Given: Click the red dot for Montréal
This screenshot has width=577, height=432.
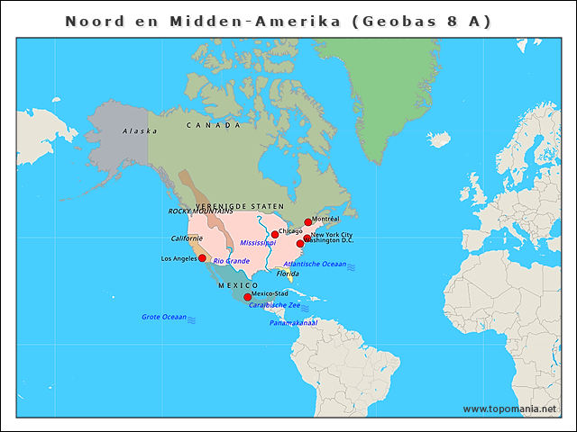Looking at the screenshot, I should (x=307, y=221).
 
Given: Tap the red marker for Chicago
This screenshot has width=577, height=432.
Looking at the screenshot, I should (x=275, y=234).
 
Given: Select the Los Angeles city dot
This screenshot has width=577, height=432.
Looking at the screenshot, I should (x=202, y=258).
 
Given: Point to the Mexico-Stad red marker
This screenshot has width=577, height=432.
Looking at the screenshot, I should (x=247, y=297).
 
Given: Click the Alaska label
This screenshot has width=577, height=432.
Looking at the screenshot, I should (x=140, y=131).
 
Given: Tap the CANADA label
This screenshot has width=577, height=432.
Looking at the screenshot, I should (x=214, y=125).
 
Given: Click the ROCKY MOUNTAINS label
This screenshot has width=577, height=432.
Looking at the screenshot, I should (x=194, y=211).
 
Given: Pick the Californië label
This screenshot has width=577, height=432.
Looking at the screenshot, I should (x=187, y=238).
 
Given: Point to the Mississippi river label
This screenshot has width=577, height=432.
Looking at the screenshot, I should (x=258, y=244).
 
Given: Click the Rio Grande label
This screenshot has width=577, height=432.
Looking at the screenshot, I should (x=232, y=261).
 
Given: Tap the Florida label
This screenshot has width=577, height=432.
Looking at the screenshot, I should (x=288, y=273).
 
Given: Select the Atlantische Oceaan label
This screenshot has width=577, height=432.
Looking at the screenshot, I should (x=315, y=265).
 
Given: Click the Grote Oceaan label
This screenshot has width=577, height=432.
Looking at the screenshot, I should (x=163, y=317).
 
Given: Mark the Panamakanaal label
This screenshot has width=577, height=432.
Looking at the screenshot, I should (x=293, y=322).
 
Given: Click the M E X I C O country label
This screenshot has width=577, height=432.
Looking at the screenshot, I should (x=238, y=285).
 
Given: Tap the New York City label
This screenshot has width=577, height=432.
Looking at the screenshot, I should (x=332, y=235).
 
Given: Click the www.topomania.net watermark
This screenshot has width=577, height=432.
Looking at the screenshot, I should (x=509, y=409).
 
